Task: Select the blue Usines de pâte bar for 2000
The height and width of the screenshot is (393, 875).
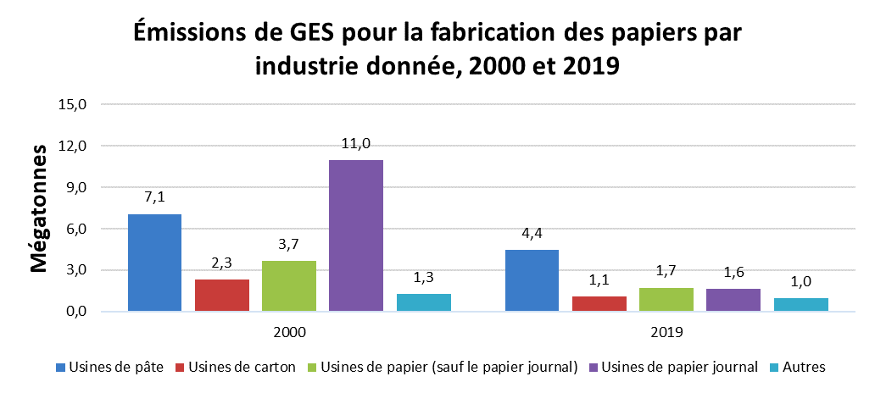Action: pyautogui.click(x=154, y=263)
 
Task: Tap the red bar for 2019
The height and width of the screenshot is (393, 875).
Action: pyautogui.click(x=599, y=304)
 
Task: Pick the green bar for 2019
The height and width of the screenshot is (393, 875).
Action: pyautogui.click(x=666, y=300)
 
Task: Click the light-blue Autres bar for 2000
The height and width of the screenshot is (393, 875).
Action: pyautogui.click(x=423, y=302)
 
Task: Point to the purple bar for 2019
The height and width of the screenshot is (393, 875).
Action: pyautogui.click(x=733, y=301)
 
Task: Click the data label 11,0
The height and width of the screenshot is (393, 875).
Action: pyautogui.click(x=356, y=144)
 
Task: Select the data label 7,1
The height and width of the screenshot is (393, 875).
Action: pyautogui.click(x=154, y=197)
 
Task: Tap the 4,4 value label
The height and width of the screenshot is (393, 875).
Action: pyautogui.click(x=532, y=234)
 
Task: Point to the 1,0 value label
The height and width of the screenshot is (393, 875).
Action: pyautogui.click(x=800, y=282)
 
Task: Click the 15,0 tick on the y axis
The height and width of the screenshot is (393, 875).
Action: pyautogui.click(x=74, y=105)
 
